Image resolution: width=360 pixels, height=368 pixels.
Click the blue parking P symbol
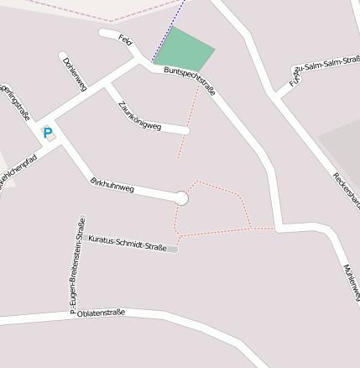point(48,132)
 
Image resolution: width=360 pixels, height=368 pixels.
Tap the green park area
point(185,49)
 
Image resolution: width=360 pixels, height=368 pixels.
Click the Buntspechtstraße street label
point(190,81)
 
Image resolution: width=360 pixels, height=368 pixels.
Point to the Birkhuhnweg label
point(112,184)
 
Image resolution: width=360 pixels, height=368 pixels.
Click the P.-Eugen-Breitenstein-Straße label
point(77,260)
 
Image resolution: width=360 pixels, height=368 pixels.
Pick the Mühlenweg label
point(351,281)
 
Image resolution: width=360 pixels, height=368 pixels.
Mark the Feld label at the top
point(126,41)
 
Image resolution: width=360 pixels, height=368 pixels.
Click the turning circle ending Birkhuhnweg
point(180,198)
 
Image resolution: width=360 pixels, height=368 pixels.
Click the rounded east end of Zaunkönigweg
point(185,130)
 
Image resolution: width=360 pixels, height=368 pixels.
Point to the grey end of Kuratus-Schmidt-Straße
point(173,249)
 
